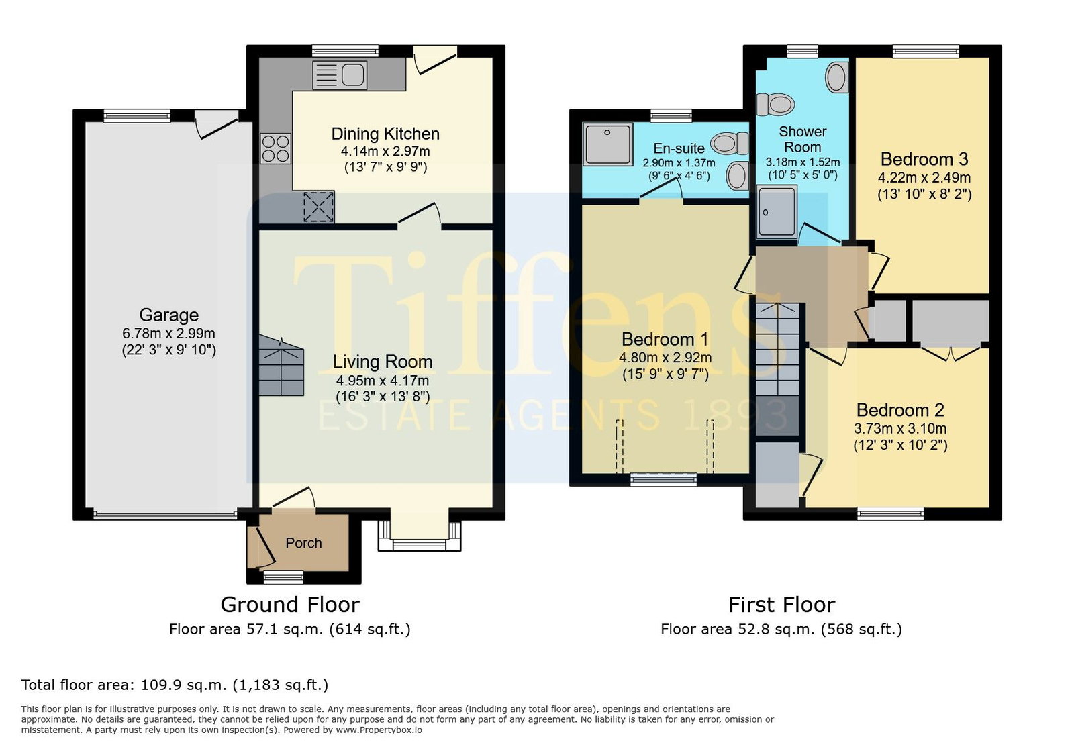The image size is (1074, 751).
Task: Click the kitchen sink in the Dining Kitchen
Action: pyautogui.click(x=340, y=75)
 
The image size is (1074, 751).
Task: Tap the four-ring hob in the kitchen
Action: pyautogui.click(x=276, y=148)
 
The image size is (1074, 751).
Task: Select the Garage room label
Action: pyautogui.click(x=168, y=315)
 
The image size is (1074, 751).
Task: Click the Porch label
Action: pyautogui.click(x=303, y=543)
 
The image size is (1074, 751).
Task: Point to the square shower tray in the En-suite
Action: pyautogui.click(x=608, y=144)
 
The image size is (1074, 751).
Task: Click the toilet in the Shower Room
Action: pyautogui.click(x=775, y=105)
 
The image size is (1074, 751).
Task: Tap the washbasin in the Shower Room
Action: pyautogui.click(x=837, y=77)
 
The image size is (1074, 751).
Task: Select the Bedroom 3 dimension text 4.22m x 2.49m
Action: pyautogui.click(x=924, y=178)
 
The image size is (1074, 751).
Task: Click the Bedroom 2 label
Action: pyautogui.click(x=900, y=410)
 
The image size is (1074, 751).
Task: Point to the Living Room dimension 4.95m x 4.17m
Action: pyautogui.click(x=382, y=381)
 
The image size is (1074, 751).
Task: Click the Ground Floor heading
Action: pyautogui.click(x=290, y=605)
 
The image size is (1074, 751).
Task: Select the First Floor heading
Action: pyautogui.click(x=781, y=605)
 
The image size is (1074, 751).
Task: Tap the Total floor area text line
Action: pyautogui.click(x=175, y=685)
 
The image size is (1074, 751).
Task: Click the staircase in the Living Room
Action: pyautogui.click(x=281, y=366)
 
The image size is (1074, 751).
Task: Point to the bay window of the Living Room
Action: pyautogui.click(x=420, y=536)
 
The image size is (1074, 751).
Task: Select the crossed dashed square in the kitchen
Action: pyautogui.click(x=319, y=207)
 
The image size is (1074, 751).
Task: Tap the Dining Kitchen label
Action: pyautogui.click(x=385, y=134)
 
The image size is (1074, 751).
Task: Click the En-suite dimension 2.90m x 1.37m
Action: pyautogui.click(x=679, y=163)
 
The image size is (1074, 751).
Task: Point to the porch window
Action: pyautogui.click(x=283, y=577)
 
